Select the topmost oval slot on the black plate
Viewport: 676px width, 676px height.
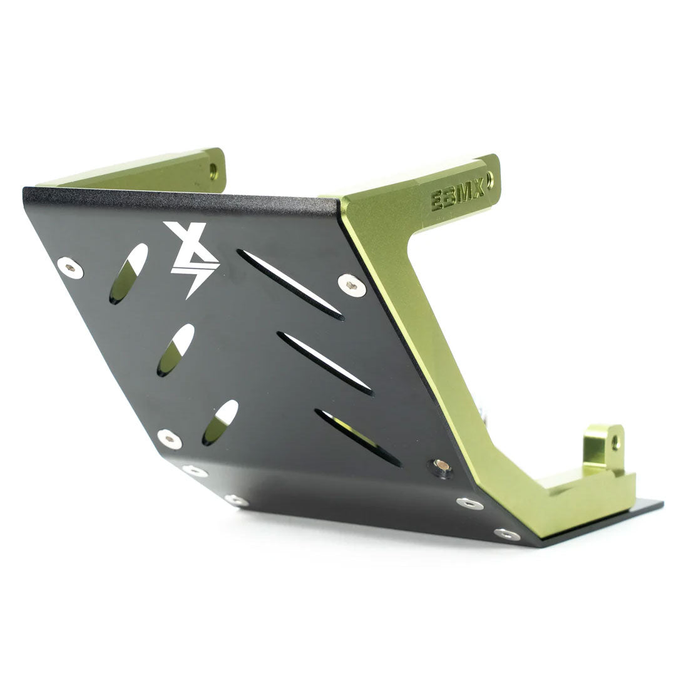[x=128, y=274]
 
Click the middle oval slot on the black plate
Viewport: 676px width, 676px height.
[x=175, y=350]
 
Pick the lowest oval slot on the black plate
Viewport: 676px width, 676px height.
[x=220, y=422]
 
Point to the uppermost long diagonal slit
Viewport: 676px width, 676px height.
[x=290, y=285]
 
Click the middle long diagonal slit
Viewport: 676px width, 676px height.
[x=325, y=364]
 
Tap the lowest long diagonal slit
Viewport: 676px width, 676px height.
[x=357, y=437]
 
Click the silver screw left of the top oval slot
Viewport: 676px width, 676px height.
[x=70, y=268]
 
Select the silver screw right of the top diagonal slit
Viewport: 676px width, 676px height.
[x=352, y=285]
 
